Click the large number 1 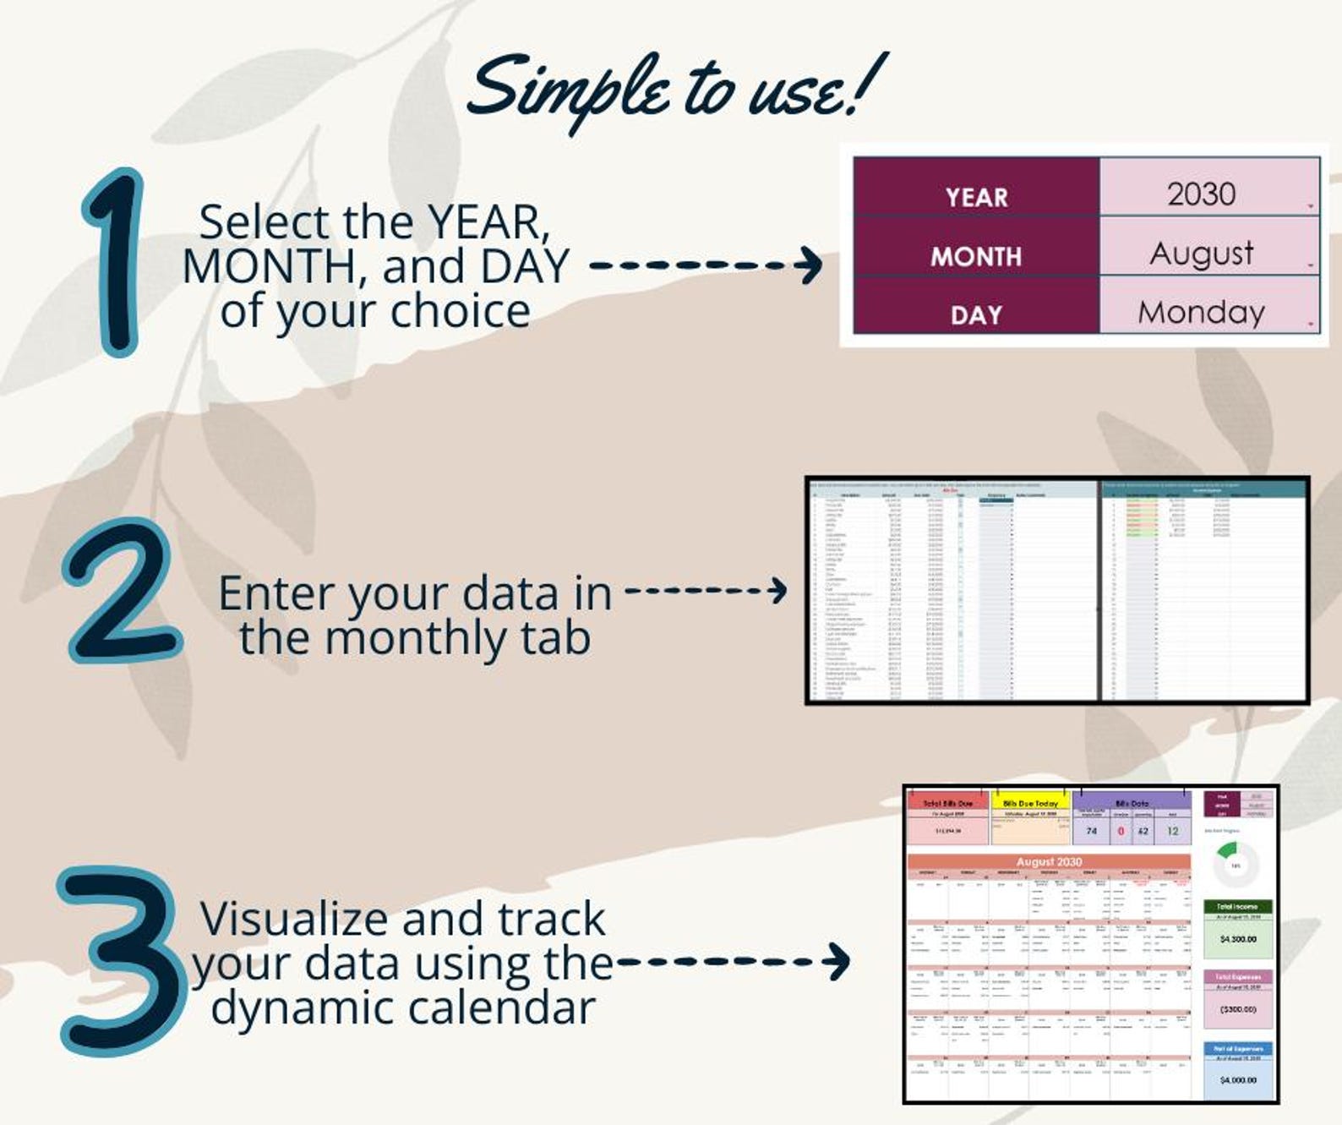coord(117,262)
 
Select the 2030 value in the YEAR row coord(1201,194)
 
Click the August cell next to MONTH coord(1201,254)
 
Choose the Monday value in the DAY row coord(1201,313)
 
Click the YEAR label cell coord(976,197)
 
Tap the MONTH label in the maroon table coord(976,256)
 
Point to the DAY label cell coord(976,315)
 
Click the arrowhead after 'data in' coord(777,590)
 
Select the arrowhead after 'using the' coord(838,961)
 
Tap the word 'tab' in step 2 coord(555,637)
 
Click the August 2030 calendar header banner coord(1049,861)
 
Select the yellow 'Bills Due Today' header coord(1029,803)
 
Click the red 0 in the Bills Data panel coord(1121,831)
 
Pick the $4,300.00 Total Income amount coord(1238,939)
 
